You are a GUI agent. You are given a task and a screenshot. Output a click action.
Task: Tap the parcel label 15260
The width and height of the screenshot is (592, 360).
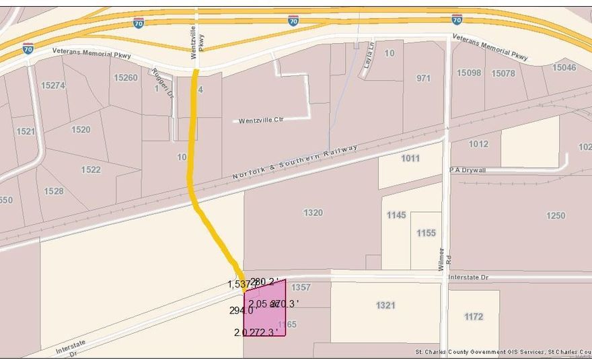[x=125, y=77]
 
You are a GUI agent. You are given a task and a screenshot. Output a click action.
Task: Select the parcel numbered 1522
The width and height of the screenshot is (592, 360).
[x=91, y=170]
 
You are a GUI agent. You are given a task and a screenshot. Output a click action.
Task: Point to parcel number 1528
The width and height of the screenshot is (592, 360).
[x=54, y=191]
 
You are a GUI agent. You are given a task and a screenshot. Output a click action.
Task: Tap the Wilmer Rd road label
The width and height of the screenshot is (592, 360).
[x=442, y=259]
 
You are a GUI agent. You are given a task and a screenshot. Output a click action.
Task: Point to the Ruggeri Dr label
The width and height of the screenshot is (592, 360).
[x=160, y=81]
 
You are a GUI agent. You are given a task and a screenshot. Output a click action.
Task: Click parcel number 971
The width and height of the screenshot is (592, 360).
[x=423, y=78]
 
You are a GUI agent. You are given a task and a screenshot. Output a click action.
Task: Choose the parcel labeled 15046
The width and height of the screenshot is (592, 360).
[x=564, y=67]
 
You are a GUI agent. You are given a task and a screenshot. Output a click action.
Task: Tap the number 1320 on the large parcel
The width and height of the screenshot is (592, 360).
[x=313, y=213]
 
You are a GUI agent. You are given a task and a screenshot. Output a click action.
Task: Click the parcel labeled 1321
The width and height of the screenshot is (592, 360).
[x=385, y=305]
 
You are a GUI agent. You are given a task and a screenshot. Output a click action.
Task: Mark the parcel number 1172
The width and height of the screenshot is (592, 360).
[x=474, y=316]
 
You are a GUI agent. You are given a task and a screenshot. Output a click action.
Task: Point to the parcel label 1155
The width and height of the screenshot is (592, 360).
[x=426, y=233]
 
